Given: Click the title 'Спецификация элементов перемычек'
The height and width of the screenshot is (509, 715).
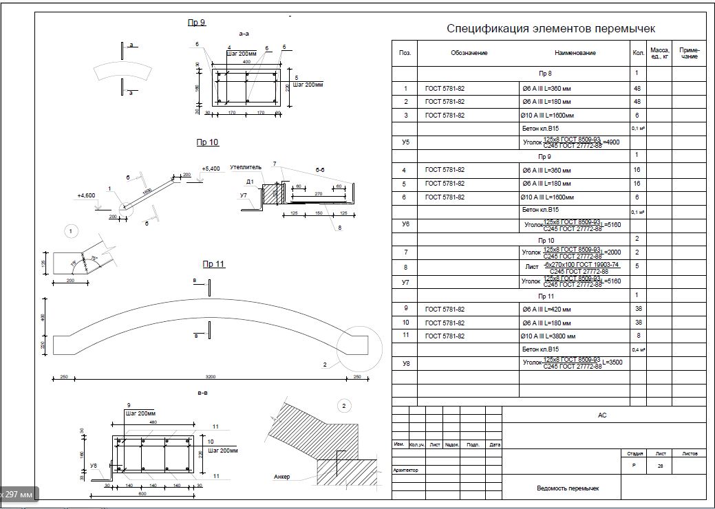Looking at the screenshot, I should (x=551, y=28).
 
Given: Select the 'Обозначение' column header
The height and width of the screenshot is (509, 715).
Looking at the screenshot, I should (x=469, y=53).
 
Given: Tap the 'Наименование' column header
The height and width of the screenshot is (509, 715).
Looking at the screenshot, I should (x=575, y=53).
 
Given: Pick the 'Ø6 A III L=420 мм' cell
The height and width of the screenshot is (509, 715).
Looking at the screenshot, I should (x=546, y=309).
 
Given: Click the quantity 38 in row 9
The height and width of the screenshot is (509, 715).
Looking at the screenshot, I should (x=637, y=309).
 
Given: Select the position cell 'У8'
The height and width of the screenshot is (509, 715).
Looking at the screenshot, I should (x=405, y=362).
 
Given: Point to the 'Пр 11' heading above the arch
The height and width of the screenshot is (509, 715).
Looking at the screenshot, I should (x=214, y=263).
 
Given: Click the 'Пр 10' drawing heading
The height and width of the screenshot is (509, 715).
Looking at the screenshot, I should (x=207, y=142).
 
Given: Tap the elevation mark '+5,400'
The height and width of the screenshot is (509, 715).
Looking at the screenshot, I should (x=211, y=169).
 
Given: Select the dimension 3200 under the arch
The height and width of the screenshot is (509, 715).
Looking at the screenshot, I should (x=211, y=377).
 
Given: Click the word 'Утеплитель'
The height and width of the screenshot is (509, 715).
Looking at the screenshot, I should (x=246, y=167).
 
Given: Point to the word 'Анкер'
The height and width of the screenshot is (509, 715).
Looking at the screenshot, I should (x=281, y=476).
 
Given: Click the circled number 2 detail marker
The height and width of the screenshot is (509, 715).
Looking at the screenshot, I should (x=344, y=407).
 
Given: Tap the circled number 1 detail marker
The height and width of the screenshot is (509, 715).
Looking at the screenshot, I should (x=72, y=230).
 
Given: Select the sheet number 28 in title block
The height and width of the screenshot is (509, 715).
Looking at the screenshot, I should (x=660, y=466).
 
